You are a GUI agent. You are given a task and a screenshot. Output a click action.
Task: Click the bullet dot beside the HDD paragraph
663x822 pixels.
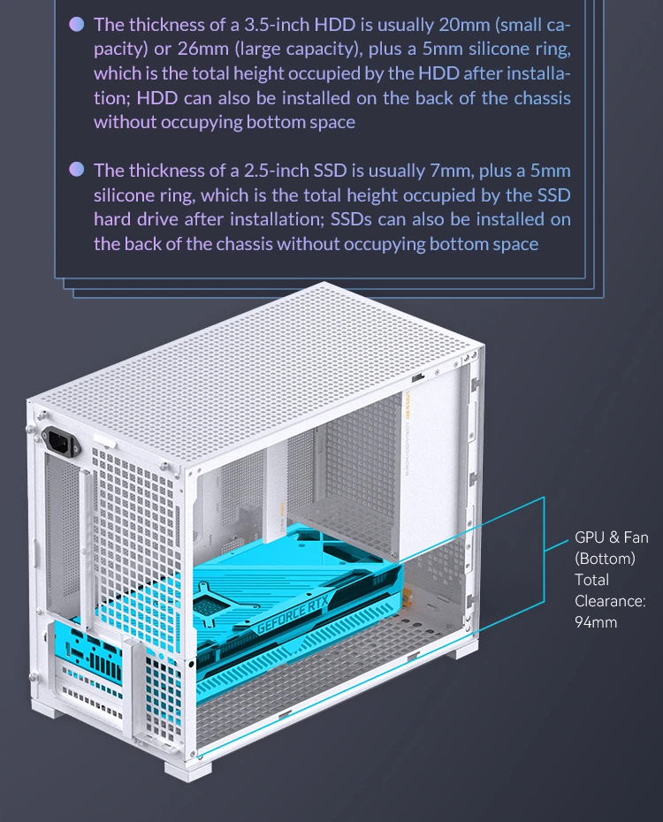pyautogui.click(x=77, y=24)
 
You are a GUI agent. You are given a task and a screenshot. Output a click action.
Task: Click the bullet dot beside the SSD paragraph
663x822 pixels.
pyautogui.click(x=77, y=170)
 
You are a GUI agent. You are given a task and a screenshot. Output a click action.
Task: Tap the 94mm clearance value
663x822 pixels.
pyautogui.click(x=596, y=622)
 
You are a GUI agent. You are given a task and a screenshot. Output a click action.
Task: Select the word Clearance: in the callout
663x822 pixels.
pyautogui.click(x=610, y=601)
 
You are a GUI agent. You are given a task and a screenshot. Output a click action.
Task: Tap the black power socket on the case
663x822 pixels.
pyautogui.click(x=61, y=442)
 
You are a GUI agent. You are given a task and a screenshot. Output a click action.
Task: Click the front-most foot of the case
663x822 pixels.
pyautogui.click(x=187, y=770)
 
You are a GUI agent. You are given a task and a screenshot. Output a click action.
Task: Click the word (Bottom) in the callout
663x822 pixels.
pyautogui.click(x=605, y=559)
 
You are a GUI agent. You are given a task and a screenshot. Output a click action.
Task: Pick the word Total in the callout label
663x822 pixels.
pyautogui.click(x=591, y=580)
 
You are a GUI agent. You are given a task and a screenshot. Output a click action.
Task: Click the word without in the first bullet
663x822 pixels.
pyautogui.click(x=125, y=122)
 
